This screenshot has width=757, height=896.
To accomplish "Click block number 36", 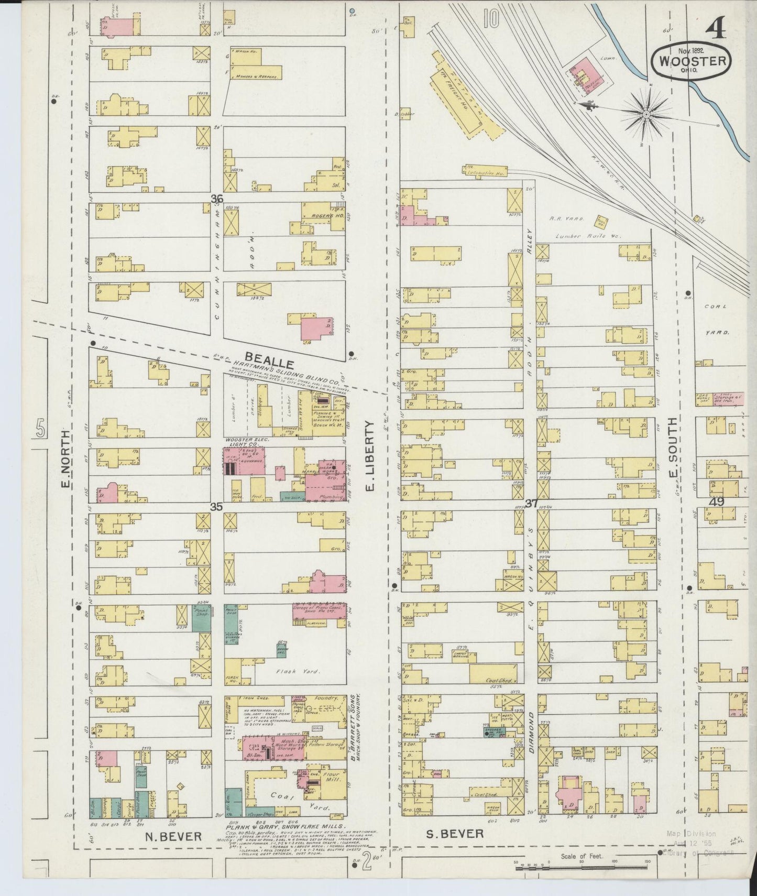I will [x=217, y=199].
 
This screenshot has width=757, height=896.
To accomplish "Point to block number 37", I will [x=532, y=504].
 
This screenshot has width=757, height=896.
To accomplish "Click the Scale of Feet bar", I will [x=582, y=868].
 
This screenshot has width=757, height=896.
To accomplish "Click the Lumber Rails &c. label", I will [x=589, y=236].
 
